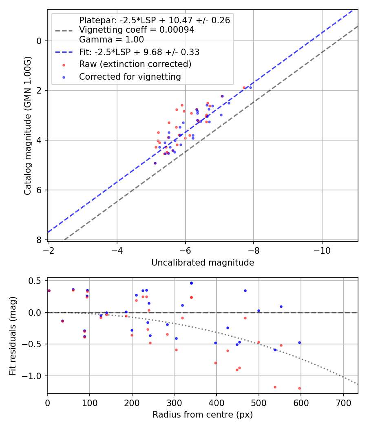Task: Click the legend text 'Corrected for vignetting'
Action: [x=130, y=76]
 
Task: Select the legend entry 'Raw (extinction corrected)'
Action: [x=135, y=64]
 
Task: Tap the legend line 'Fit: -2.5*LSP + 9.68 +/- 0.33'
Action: [x=139, y=52]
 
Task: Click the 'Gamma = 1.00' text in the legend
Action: [x=111, y=40]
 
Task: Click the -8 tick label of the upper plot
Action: [x=254, y=249]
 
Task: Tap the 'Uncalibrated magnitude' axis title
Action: [x=203, y=263]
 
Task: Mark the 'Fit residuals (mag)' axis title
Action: [x=13, y=335]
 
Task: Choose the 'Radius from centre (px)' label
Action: [x=203, y=415]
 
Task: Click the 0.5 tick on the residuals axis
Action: [x=38, y=281]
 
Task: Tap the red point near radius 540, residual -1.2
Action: [x=275, y=387]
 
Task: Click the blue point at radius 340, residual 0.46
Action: [x=191, y=283]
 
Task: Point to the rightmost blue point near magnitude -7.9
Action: [x=250, y=87]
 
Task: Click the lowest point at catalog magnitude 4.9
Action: [x=155, y=163]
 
